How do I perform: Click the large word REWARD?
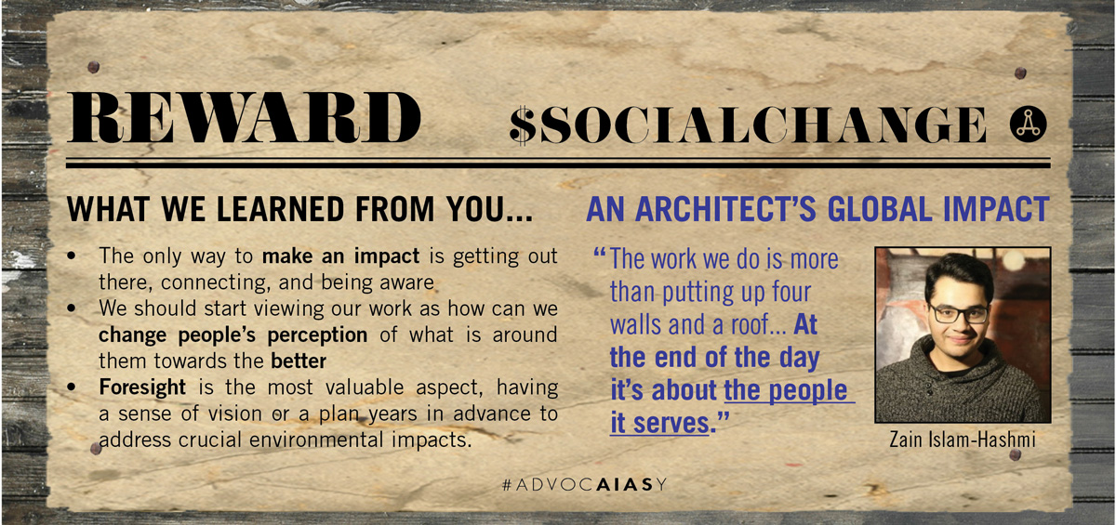click(244, 117)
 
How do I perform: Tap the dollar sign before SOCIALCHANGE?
click(523, 125)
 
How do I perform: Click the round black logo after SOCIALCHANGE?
click(1028, 124)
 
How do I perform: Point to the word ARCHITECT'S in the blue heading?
click(725, 209)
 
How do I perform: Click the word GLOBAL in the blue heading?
click(880, 209)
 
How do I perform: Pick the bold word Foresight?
click(142, 387)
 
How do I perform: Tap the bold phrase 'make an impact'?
click(340, 256)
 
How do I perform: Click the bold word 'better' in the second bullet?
click(299, 361)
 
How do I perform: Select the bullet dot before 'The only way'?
click(72, 256)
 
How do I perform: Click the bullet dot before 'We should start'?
click(72, 308)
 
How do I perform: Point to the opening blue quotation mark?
click(599, 253)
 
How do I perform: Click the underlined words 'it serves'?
click(659, 423)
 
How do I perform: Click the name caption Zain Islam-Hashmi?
click(962, 440)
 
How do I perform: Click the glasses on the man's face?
click(959, 314)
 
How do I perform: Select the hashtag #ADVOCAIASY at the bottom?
click(584, 484)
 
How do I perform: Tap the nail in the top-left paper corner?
click(93, 67)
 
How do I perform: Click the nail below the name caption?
click(1015, 454)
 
